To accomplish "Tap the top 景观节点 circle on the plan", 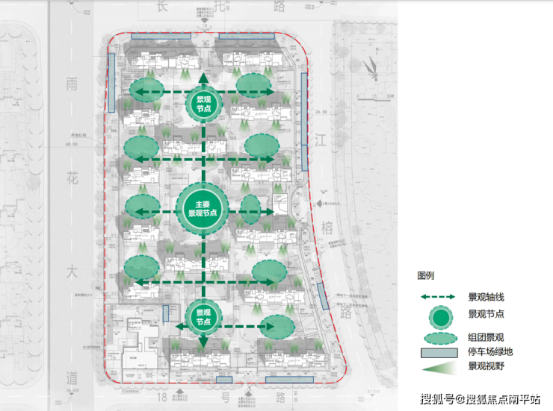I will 203,104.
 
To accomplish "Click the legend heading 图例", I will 425,276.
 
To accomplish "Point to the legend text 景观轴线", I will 485,297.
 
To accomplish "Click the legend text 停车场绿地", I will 489,351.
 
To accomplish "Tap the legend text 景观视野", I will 485,366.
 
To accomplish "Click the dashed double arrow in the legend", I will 442,297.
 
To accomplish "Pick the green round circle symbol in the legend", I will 442,317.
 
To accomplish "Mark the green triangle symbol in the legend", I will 441,367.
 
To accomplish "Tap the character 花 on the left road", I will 72,179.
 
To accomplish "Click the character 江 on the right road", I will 322,139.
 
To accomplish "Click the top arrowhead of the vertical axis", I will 203,77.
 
